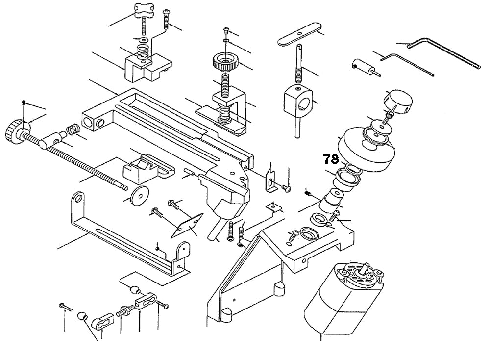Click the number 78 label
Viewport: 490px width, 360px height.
(x=331, y=159)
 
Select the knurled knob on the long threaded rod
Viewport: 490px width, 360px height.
(x=15, y=130)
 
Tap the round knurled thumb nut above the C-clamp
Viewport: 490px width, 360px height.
(x=225, y=63)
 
